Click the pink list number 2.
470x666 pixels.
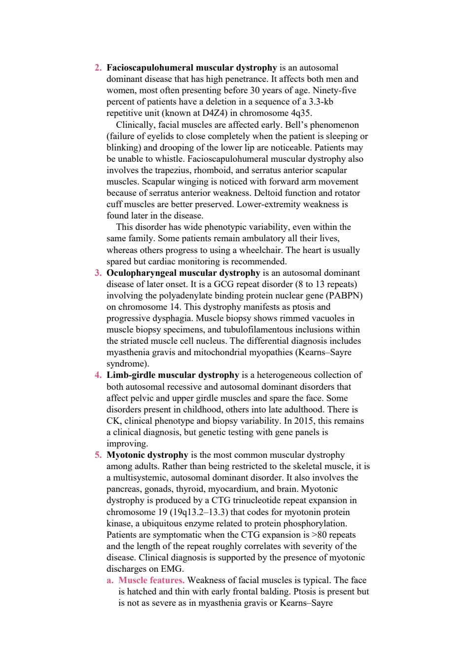pyautogui.click(x=98, y=68)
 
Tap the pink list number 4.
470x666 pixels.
pyautogui.click(x=98, y=375)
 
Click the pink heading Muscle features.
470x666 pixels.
pyautogui.click(x=151, y=580)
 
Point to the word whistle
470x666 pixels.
pyautogui.click(x=170, y=159)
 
